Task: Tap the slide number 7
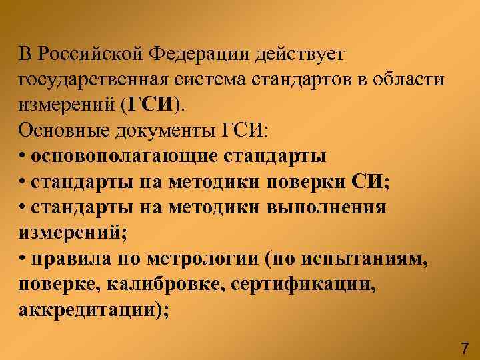(465, 347)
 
